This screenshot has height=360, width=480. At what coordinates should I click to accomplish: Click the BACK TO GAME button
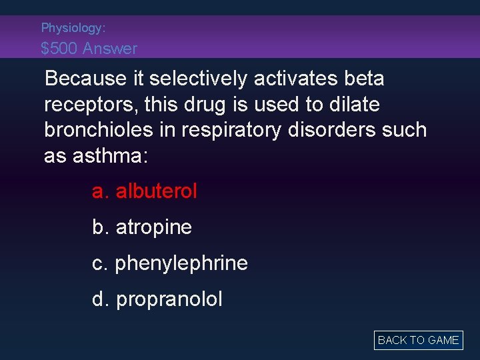point(418,340)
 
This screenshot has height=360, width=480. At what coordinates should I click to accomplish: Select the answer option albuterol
point(145,192)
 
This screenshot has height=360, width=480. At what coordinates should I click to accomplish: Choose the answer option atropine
point(142,227)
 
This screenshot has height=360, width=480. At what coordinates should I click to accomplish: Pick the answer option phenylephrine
point(169,263)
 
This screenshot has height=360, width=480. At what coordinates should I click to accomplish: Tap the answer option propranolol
point(157,299)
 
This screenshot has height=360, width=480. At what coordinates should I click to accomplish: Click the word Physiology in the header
point(72,28)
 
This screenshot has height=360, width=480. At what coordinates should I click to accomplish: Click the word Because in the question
point(84,79)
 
